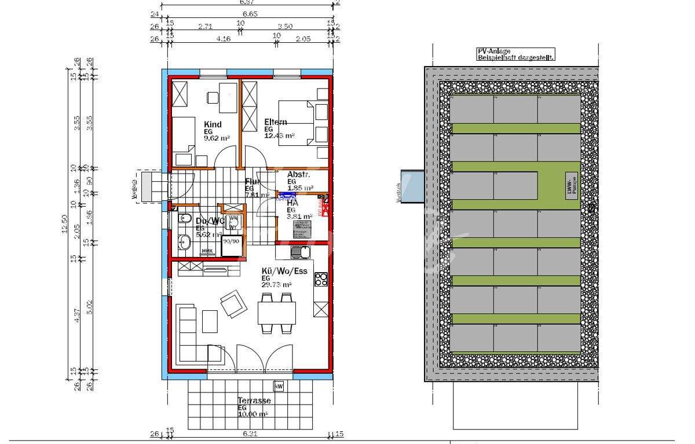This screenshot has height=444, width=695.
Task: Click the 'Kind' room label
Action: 213,124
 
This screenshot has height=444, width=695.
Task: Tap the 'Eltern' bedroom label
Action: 276,122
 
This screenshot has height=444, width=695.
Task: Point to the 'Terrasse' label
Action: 254,401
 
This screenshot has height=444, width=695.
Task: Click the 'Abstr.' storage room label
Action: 299,174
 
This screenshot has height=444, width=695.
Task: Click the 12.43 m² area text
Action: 280,136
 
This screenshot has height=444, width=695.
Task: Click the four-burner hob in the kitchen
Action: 321,280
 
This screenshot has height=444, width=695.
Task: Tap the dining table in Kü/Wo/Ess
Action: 276,313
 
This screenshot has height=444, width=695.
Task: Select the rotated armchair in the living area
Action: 232,303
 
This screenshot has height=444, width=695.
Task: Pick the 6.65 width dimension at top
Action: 250,14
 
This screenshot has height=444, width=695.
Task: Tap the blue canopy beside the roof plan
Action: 412,186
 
